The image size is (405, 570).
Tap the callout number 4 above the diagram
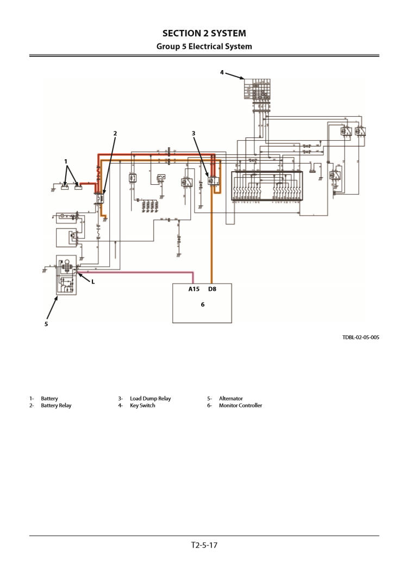[222, 73]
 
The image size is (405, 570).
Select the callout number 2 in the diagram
[115, 133]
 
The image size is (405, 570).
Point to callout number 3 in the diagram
[194, 133]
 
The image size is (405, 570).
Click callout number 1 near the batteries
[66, 161]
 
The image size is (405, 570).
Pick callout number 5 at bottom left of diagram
[46, 324]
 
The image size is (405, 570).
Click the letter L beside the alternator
[93, 281]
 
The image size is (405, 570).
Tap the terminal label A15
[195, 289]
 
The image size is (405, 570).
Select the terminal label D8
[212, 289]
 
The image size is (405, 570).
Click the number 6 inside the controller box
[203, 305]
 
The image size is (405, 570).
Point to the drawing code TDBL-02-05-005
[360, 337]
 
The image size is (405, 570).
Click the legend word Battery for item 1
[49, 398]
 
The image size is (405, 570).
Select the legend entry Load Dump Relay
[150, 398]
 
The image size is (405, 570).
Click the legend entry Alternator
[230, 398]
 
